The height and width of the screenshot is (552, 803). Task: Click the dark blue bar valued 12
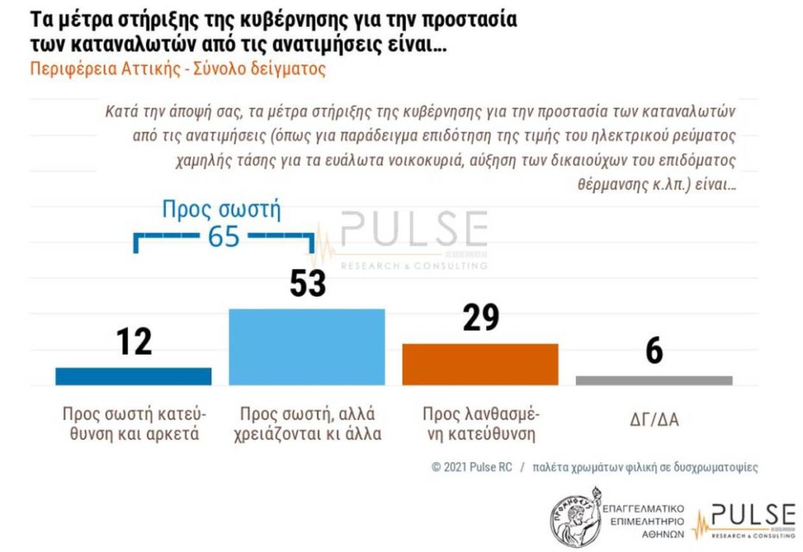coord(133,376)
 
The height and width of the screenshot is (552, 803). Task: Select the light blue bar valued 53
coord(307,347)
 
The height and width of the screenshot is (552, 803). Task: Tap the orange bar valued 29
coord(480,364)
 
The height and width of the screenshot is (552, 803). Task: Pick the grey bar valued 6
coord(654,380)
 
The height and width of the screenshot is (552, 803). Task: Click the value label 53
coord(307,282)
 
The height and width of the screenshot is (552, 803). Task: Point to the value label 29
coord(480,317)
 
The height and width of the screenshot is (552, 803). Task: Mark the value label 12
coord(133,341)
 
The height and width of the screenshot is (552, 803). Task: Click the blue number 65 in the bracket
coord(222,237)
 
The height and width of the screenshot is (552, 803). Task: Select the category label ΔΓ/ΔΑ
coord(654,420)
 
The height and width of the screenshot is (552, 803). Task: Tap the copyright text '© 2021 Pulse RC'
coord(471,467)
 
